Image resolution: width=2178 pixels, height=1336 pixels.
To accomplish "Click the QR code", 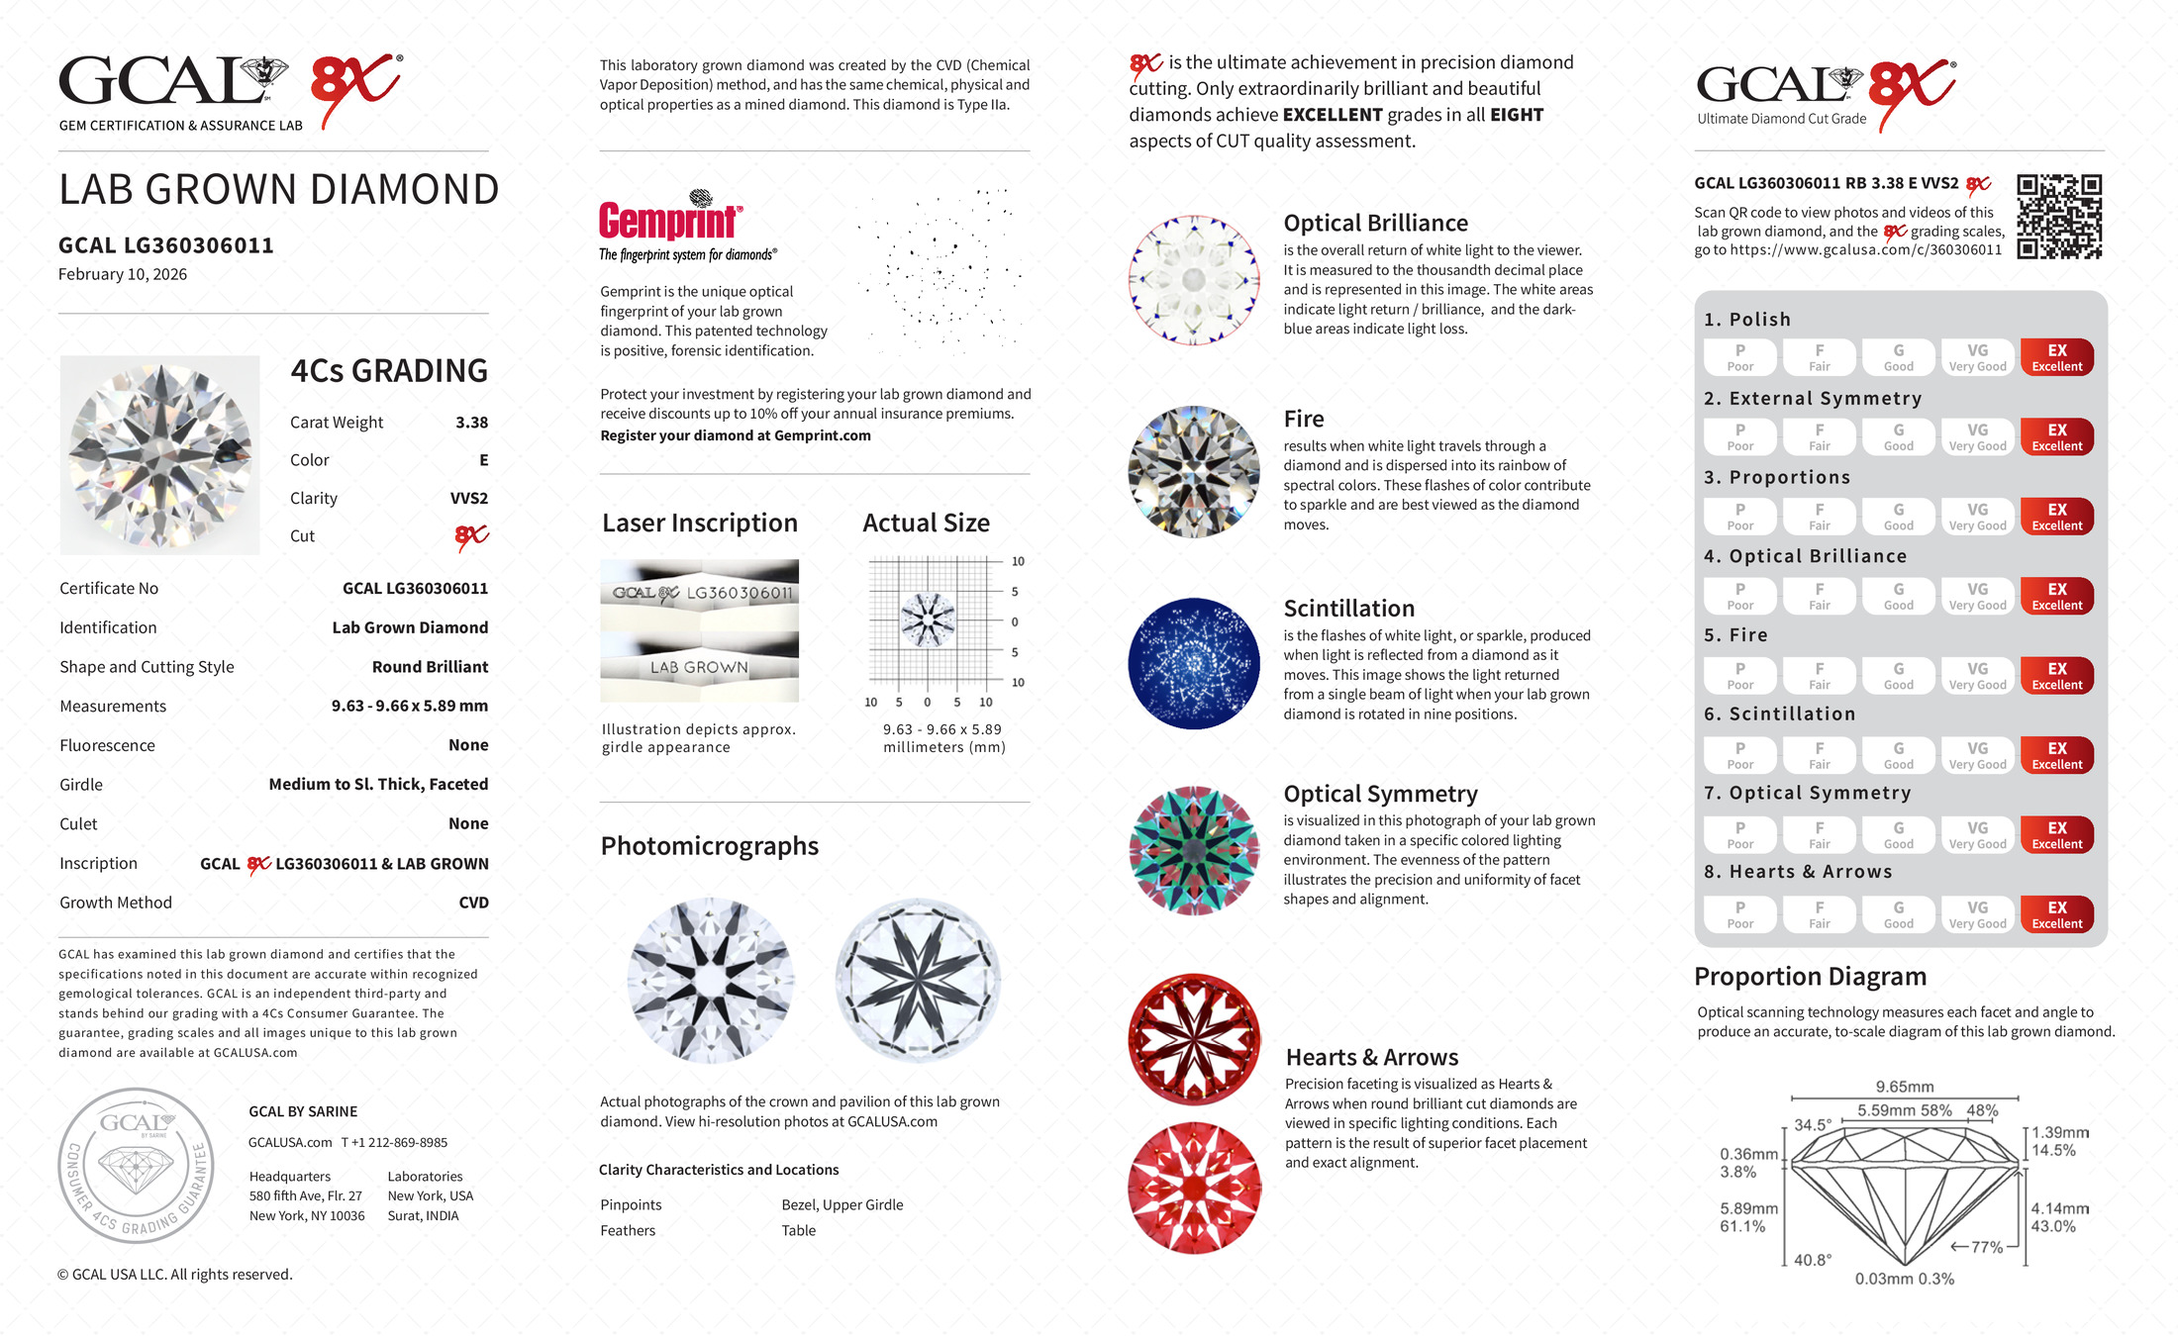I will pos(2059,217).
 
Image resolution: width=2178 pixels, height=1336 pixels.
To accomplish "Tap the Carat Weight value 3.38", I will pos(471,423).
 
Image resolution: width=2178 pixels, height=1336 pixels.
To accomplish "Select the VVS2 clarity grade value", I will pos(468,499).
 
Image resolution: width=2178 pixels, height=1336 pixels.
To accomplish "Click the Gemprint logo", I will pos(670,220).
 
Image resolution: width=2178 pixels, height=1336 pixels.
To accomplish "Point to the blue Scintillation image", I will pos(1194,663).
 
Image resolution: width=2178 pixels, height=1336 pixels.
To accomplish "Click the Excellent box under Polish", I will pos(2056,357).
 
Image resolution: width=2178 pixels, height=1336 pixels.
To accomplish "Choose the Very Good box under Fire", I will pos(1977,676).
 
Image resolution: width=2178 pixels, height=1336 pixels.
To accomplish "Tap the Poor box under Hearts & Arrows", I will pos(1739,914).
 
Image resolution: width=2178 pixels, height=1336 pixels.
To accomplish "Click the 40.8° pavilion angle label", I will pos(1813,1261).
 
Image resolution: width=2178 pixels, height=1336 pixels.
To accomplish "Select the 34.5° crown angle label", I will pos(1813,1125).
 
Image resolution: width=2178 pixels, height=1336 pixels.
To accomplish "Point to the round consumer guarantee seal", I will pos(136,1166).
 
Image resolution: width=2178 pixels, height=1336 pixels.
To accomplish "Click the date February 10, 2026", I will pos(123,275).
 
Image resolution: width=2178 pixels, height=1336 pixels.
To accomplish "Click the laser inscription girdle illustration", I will pos(699,630).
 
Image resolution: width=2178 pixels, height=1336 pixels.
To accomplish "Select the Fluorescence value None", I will pos(468,745).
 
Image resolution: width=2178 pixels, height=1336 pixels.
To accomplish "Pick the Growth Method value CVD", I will pos(473,903).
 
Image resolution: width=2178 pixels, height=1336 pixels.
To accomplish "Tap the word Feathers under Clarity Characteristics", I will pos(628,1231).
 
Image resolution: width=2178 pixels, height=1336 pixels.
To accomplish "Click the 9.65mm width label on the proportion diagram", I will pos(1904,1087).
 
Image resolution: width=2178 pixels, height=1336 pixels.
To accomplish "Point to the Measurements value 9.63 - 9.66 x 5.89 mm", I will pos(409,707).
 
